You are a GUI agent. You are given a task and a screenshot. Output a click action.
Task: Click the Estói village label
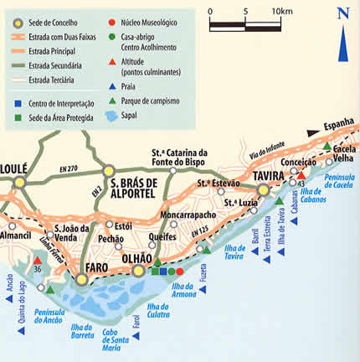pos(123,225)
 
